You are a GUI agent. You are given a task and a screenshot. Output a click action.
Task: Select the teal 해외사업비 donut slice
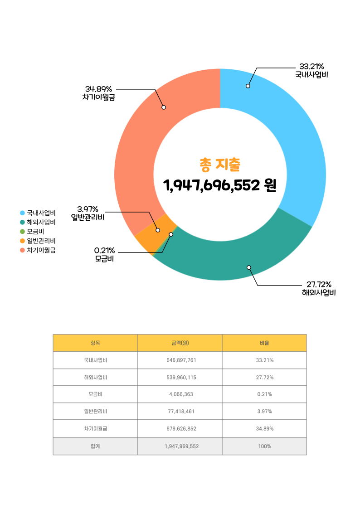tap(236, 263)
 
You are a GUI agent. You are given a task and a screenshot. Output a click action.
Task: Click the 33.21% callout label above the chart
tap(311, 67)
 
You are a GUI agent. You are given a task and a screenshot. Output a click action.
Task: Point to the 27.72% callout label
tap(319, 284)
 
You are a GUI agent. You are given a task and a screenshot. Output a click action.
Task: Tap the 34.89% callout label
tap(98, 88)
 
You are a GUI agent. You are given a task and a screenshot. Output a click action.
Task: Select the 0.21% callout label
tap(104, 251)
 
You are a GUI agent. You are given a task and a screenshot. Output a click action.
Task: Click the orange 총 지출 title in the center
tap(220, 164)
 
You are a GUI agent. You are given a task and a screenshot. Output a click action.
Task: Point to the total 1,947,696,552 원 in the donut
tap(220, 185)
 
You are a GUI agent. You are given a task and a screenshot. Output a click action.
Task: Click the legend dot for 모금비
tap(22, 232)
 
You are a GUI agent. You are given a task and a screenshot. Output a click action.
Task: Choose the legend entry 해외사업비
tap(41, 222)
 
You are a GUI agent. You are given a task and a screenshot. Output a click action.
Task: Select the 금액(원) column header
tap(180, 343)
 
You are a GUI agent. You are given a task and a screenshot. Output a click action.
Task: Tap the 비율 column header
tap(264, 343)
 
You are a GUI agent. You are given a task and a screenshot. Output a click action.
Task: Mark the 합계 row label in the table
tap(95, 446)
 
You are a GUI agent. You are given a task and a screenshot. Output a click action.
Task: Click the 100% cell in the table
tap(264, 446)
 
